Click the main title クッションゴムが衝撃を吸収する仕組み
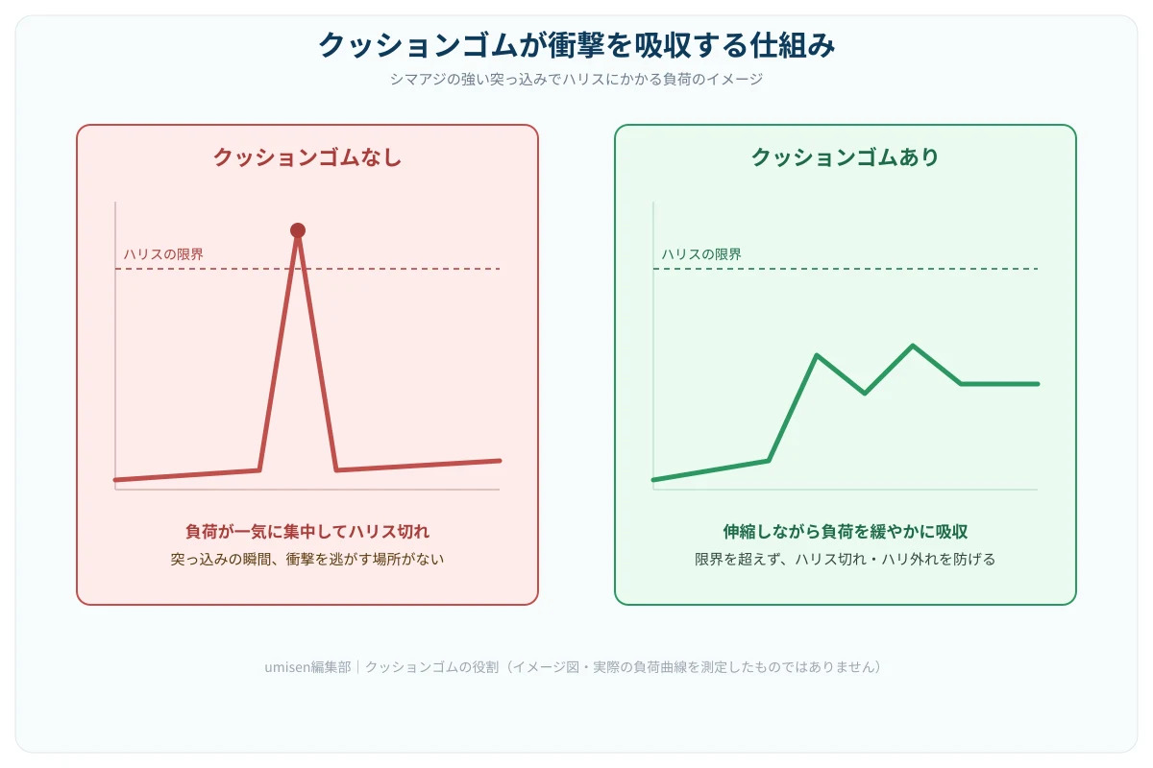click(x=576, y=45)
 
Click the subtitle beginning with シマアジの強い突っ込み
click(x=576, y=80)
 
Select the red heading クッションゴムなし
click(x=307, y=157)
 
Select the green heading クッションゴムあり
click(x=846, y=157)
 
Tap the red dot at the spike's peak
click(x=298, y=230)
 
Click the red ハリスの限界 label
click(x=163, y=254)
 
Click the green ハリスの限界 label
click(x=701, y=254)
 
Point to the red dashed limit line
click(x=307, y=269)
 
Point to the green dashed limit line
click(x=846, y=269)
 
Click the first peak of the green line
click(x=817, y=355)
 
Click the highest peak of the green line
click(x=913, y=346)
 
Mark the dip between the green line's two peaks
click(x=865, y=394)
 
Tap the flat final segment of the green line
click(x=999, y=384)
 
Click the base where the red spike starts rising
click(x=259, y=469)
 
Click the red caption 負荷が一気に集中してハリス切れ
click(x=307, y=532)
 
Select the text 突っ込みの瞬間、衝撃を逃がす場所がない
click(x=307, y=559)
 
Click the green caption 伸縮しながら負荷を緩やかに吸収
click(x=846, y=532)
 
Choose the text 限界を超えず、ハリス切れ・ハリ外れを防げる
click(x=846, y=559)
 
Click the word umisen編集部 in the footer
click(x=307, y=667)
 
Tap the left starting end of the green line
click(x=653, y=480)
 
